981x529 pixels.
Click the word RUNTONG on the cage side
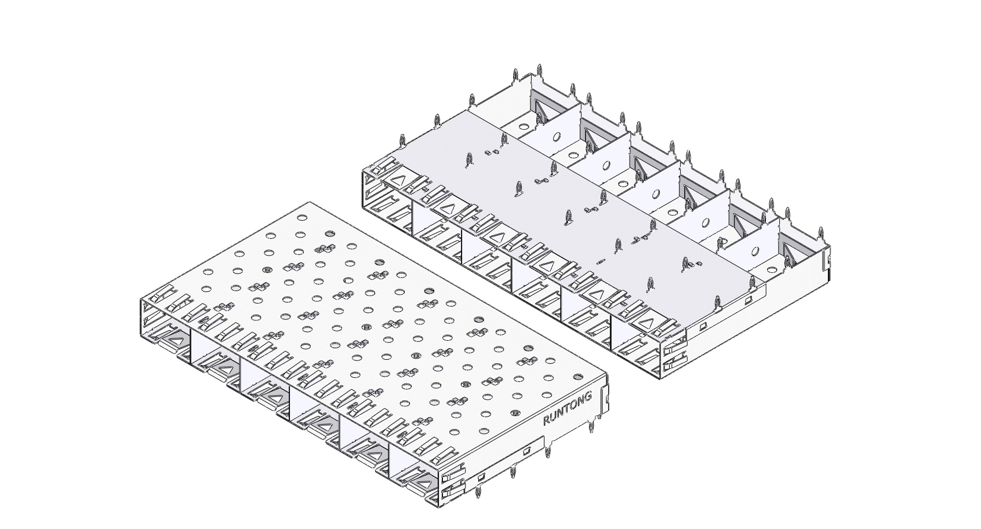pos(568,408)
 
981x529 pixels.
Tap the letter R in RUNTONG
pos(546,421)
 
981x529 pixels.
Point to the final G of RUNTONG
pos(588,396)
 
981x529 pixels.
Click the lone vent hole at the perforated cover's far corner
pos(301,217)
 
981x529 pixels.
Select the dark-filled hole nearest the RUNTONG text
pos(578,376)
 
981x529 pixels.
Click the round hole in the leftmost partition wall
pos(556,137)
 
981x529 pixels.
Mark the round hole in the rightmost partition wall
pos(754,251)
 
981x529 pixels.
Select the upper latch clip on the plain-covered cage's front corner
pos(675,346)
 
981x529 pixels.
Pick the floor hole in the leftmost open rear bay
pos(523,127)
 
